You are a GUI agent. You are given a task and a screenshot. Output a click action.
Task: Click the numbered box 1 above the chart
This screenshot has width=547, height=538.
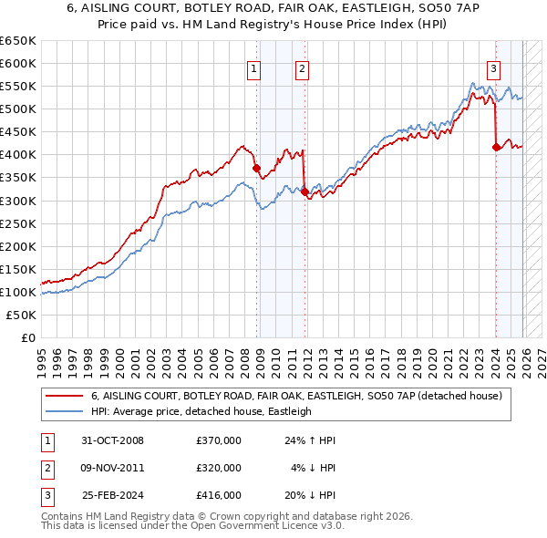[253, 67]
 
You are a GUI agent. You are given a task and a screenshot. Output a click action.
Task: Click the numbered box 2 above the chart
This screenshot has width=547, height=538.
[301, 67]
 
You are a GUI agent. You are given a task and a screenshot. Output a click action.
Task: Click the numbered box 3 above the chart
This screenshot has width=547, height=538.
[493, 67]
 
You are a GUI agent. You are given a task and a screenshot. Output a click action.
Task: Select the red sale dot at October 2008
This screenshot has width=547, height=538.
[257, 168]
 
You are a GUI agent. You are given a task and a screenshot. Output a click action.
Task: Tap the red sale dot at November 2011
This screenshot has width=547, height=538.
[304, 191]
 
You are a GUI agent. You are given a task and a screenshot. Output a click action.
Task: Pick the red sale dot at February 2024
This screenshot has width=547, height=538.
[496, 147]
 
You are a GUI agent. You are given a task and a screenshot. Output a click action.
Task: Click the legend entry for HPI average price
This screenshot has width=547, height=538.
[201, 411]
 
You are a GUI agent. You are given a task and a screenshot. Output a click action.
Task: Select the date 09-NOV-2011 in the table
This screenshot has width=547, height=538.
[113, 468]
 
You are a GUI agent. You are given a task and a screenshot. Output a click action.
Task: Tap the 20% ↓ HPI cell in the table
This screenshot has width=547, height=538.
[314, 495]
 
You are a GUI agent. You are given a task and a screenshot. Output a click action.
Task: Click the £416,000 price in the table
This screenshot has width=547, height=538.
[219, 495]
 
